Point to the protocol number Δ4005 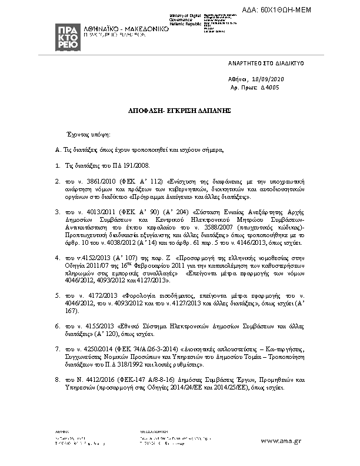269,86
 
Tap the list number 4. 57,257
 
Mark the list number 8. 57,380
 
